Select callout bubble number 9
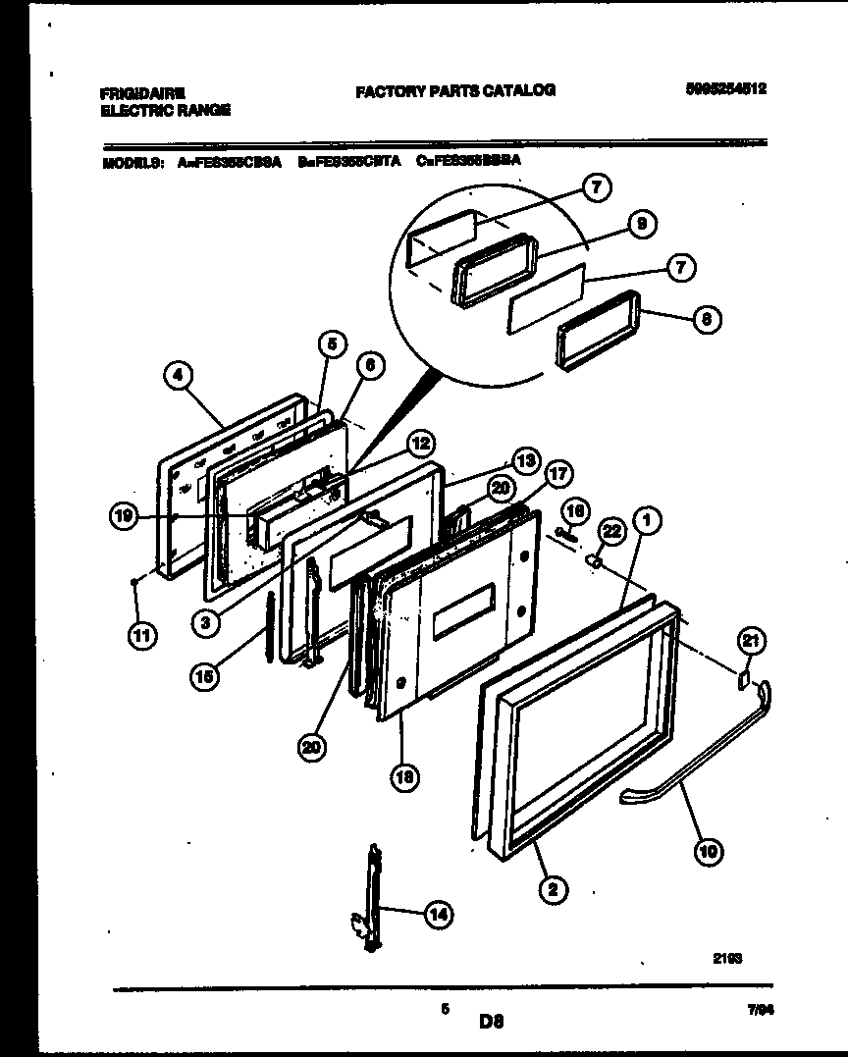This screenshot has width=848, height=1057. tap(641, 225)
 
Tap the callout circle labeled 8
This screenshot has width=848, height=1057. tap(706, 318)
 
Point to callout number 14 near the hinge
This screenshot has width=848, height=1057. tap(438, 915)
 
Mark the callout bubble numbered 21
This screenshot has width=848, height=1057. tap(751, 642)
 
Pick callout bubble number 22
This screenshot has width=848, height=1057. tap(611, 531)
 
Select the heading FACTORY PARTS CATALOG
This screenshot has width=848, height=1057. tap(454, 90)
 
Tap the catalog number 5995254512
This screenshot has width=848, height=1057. tap(725, 88)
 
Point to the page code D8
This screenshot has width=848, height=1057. tap(491, 1021)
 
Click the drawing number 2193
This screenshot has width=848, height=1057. tap(727, 962)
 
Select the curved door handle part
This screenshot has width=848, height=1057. tap(697, 756)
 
